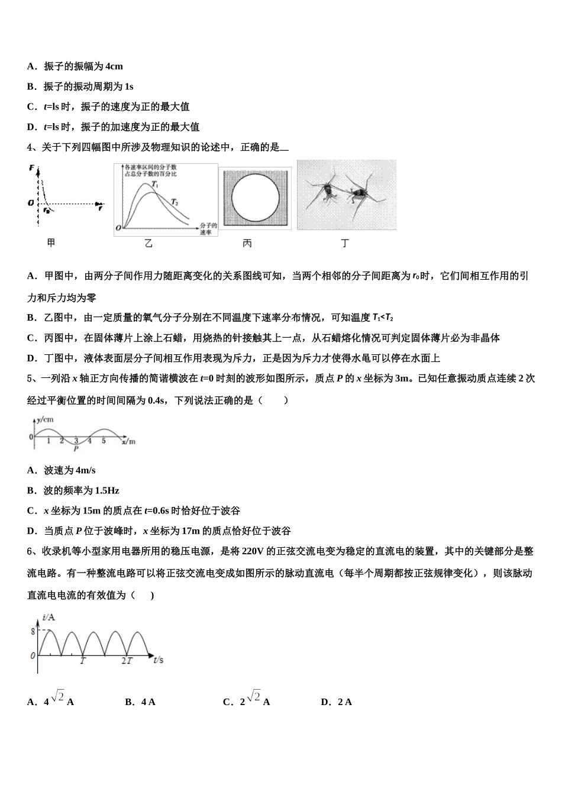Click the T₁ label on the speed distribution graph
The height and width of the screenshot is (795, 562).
(155, 185)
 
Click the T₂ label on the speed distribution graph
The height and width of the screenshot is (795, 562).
(175, 202)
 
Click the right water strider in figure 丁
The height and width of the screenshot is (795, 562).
(358, 192)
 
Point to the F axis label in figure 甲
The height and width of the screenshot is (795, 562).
(31, 169)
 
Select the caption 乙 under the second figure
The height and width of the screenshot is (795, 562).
(148, 243)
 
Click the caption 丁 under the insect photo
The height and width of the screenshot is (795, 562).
(345, 243)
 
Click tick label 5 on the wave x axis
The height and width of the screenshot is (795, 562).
(104, 441)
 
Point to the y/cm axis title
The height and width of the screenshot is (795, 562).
(45, 419)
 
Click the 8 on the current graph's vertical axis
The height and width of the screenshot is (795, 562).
(33, 631)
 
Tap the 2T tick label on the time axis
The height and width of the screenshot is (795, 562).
(127, 660)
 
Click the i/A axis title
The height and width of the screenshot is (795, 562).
(49, 618)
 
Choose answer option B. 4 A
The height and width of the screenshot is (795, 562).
(140, 702)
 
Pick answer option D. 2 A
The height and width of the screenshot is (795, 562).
(336, 702)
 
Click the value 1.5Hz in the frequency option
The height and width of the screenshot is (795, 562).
(107, 490)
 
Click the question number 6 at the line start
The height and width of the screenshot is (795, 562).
(30, 551)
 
